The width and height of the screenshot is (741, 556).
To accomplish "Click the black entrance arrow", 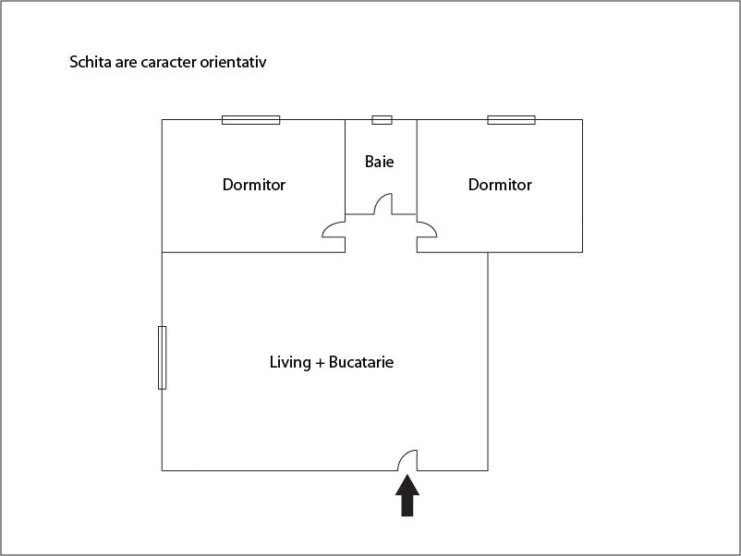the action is [x=407, y=496].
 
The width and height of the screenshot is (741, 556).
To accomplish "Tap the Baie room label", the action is [x=380, y=162].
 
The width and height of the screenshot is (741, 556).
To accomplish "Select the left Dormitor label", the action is [x=254, y=184].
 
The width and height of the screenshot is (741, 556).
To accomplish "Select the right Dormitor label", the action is [x=500, y=184].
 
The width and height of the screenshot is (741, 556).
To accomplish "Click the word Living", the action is [x=290, y=362].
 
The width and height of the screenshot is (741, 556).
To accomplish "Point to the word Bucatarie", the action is [x=361, y=362].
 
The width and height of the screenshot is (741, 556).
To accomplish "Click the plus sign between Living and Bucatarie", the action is [x=320, y=363].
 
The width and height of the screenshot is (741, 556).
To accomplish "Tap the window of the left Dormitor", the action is [x=251, y=120].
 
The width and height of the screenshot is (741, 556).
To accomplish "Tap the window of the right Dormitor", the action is [x=511, y=120].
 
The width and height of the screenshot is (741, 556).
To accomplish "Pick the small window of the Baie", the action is [x=382, y=120].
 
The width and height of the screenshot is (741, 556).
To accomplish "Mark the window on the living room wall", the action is [x=162, y=357].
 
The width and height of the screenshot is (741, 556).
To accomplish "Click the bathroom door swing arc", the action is [x=383, y=203].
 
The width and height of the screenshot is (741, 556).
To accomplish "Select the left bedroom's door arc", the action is [x=334, y=230].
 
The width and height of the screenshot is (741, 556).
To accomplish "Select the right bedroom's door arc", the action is [x=427, y=230].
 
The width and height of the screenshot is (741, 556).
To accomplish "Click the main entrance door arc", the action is [x=407, y=461].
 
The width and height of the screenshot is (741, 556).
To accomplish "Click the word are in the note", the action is [x=126, y=63].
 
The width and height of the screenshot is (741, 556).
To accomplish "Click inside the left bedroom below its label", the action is [x=254, y=220].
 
